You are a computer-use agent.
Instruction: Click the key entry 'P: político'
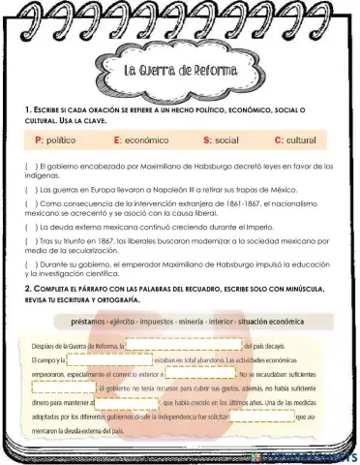click(55, 140)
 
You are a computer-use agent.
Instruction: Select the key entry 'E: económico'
click(139, 140)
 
